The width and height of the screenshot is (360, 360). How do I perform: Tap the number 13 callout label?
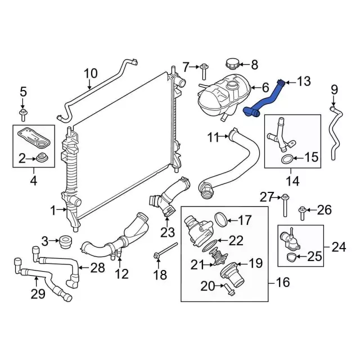[303, 82]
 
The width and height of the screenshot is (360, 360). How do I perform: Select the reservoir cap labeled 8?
[231, 64]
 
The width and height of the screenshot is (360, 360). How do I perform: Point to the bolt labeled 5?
[24, 116]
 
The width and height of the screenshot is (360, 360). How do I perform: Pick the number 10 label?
[91, 73]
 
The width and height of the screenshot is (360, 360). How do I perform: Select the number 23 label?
[168, 231]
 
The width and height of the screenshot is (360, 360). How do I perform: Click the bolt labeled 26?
[301, 212]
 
